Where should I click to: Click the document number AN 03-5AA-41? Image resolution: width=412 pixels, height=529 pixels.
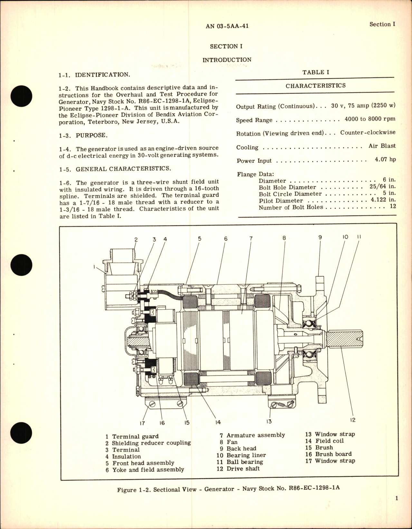point(227,26)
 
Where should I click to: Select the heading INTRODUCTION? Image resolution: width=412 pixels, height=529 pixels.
point(227,60)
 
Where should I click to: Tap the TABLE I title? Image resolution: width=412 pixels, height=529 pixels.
point(315,72)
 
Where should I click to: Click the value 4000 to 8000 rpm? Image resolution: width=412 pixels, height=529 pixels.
point(370,119)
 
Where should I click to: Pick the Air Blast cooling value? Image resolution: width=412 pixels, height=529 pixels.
point(382,146)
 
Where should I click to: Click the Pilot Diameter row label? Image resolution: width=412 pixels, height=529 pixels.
point(281,201)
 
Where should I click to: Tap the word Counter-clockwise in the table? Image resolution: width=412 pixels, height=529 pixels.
point(368,132)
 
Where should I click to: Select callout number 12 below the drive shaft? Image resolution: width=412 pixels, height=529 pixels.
point(353,420)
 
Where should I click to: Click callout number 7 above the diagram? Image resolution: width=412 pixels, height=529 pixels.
point(251,239)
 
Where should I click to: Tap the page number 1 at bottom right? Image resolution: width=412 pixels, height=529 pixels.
point(397,507)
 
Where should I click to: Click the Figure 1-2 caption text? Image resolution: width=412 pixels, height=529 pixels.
point(228,489)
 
